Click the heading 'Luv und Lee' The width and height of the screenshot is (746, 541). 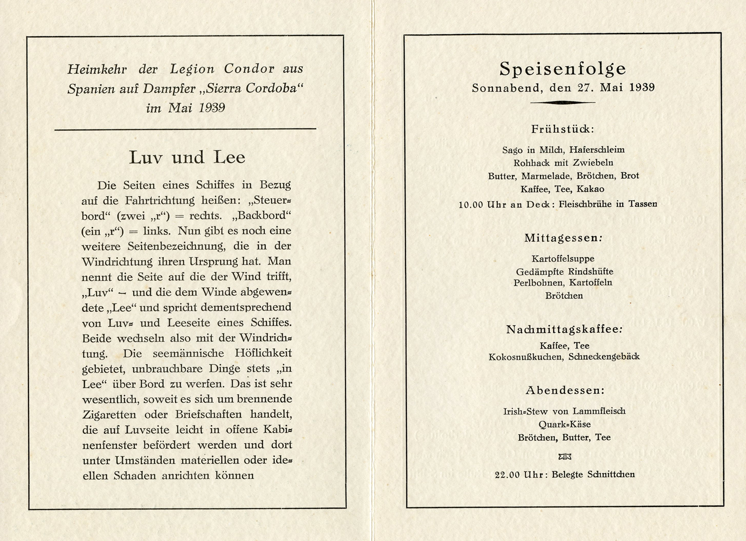coord(187,158)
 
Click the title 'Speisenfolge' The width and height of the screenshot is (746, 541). coord(563,69)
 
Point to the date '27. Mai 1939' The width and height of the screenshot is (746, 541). coord(616,88)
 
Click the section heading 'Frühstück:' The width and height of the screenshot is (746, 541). coord(562,129)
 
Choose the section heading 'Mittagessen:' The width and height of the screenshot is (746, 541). coord(563,238)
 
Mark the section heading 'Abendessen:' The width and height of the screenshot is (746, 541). coord(565,390)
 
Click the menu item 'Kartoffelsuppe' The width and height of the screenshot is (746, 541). coord(563,259)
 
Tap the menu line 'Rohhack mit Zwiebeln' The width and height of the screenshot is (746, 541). coord(563,162)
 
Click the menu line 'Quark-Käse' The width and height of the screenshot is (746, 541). coord(564,424)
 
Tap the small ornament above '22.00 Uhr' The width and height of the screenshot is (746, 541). coord(565,457)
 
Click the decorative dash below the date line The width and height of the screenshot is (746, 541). coord(562,103)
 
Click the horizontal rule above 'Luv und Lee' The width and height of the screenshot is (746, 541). coord(185,130)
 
